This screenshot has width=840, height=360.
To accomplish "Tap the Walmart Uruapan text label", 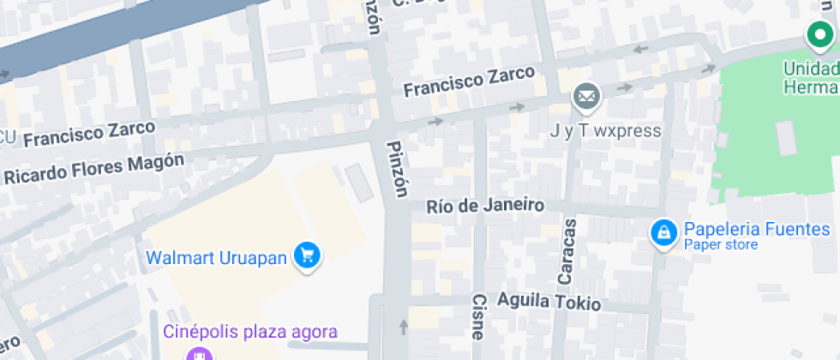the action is pyautogui.click(x=215, y=257).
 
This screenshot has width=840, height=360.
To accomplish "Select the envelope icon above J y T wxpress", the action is pyautogui.click(x=587, y=98).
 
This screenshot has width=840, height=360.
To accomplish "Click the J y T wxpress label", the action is pyautogui.click(x=605, y=131).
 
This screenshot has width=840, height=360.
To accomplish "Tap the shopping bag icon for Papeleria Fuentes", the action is pyautogui.click(x=663, y=232).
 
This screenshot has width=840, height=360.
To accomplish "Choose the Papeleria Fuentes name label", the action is pyautogui.click(x=756, y=229).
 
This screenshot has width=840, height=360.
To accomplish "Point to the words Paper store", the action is pyautogui.click(x=720, y=245).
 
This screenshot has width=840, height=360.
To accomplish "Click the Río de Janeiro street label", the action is pyautogui.click(x=485, y=206).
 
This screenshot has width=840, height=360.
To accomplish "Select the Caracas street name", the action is pyautogui.click(x=567, y=250).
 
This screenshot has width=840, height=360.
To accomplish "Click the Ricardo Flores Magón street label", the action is pyautogui.click(x=93, y=168).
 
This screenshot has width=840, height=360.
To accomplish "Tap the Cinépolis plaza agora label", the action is pyautogui.click(x=251, y=332).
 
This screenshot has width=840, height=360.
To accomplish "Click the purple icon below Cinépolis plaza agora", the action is pyautogui.click(x=200, y=353).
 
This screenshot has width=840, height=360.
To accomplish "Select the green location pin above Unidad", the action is pyautogui.click(x=819, y=35).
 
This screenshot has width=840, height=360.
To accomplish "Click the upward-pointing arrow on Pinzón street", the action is pyautogui.click(x=404, y=326).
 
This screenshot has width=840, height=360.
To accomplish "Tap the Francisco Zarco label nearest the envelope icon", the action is pyautogui.click(x=470, y=81).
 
